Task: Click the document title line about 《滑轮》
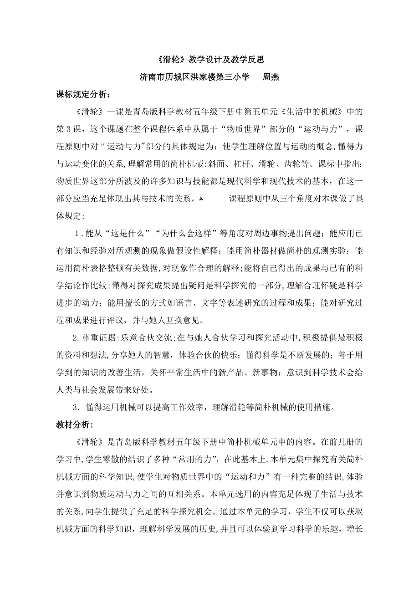(x=209, y=59)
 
